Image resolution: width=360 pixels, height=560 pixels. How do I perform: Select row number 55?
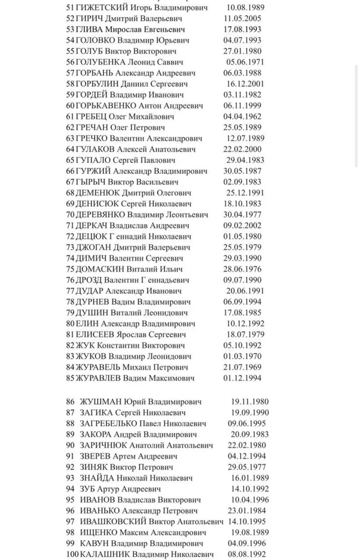point(71,51)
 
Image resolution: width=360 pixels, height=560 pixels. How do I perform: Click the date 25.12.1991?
point(245,192)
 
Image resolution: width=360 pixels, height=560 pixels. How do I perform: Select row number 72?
point(71,236)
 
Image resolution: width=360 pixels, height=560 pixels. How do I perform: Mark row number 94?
point(71,488)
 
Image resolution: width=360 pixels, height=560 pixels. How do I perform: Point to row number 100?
point(72,554)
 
